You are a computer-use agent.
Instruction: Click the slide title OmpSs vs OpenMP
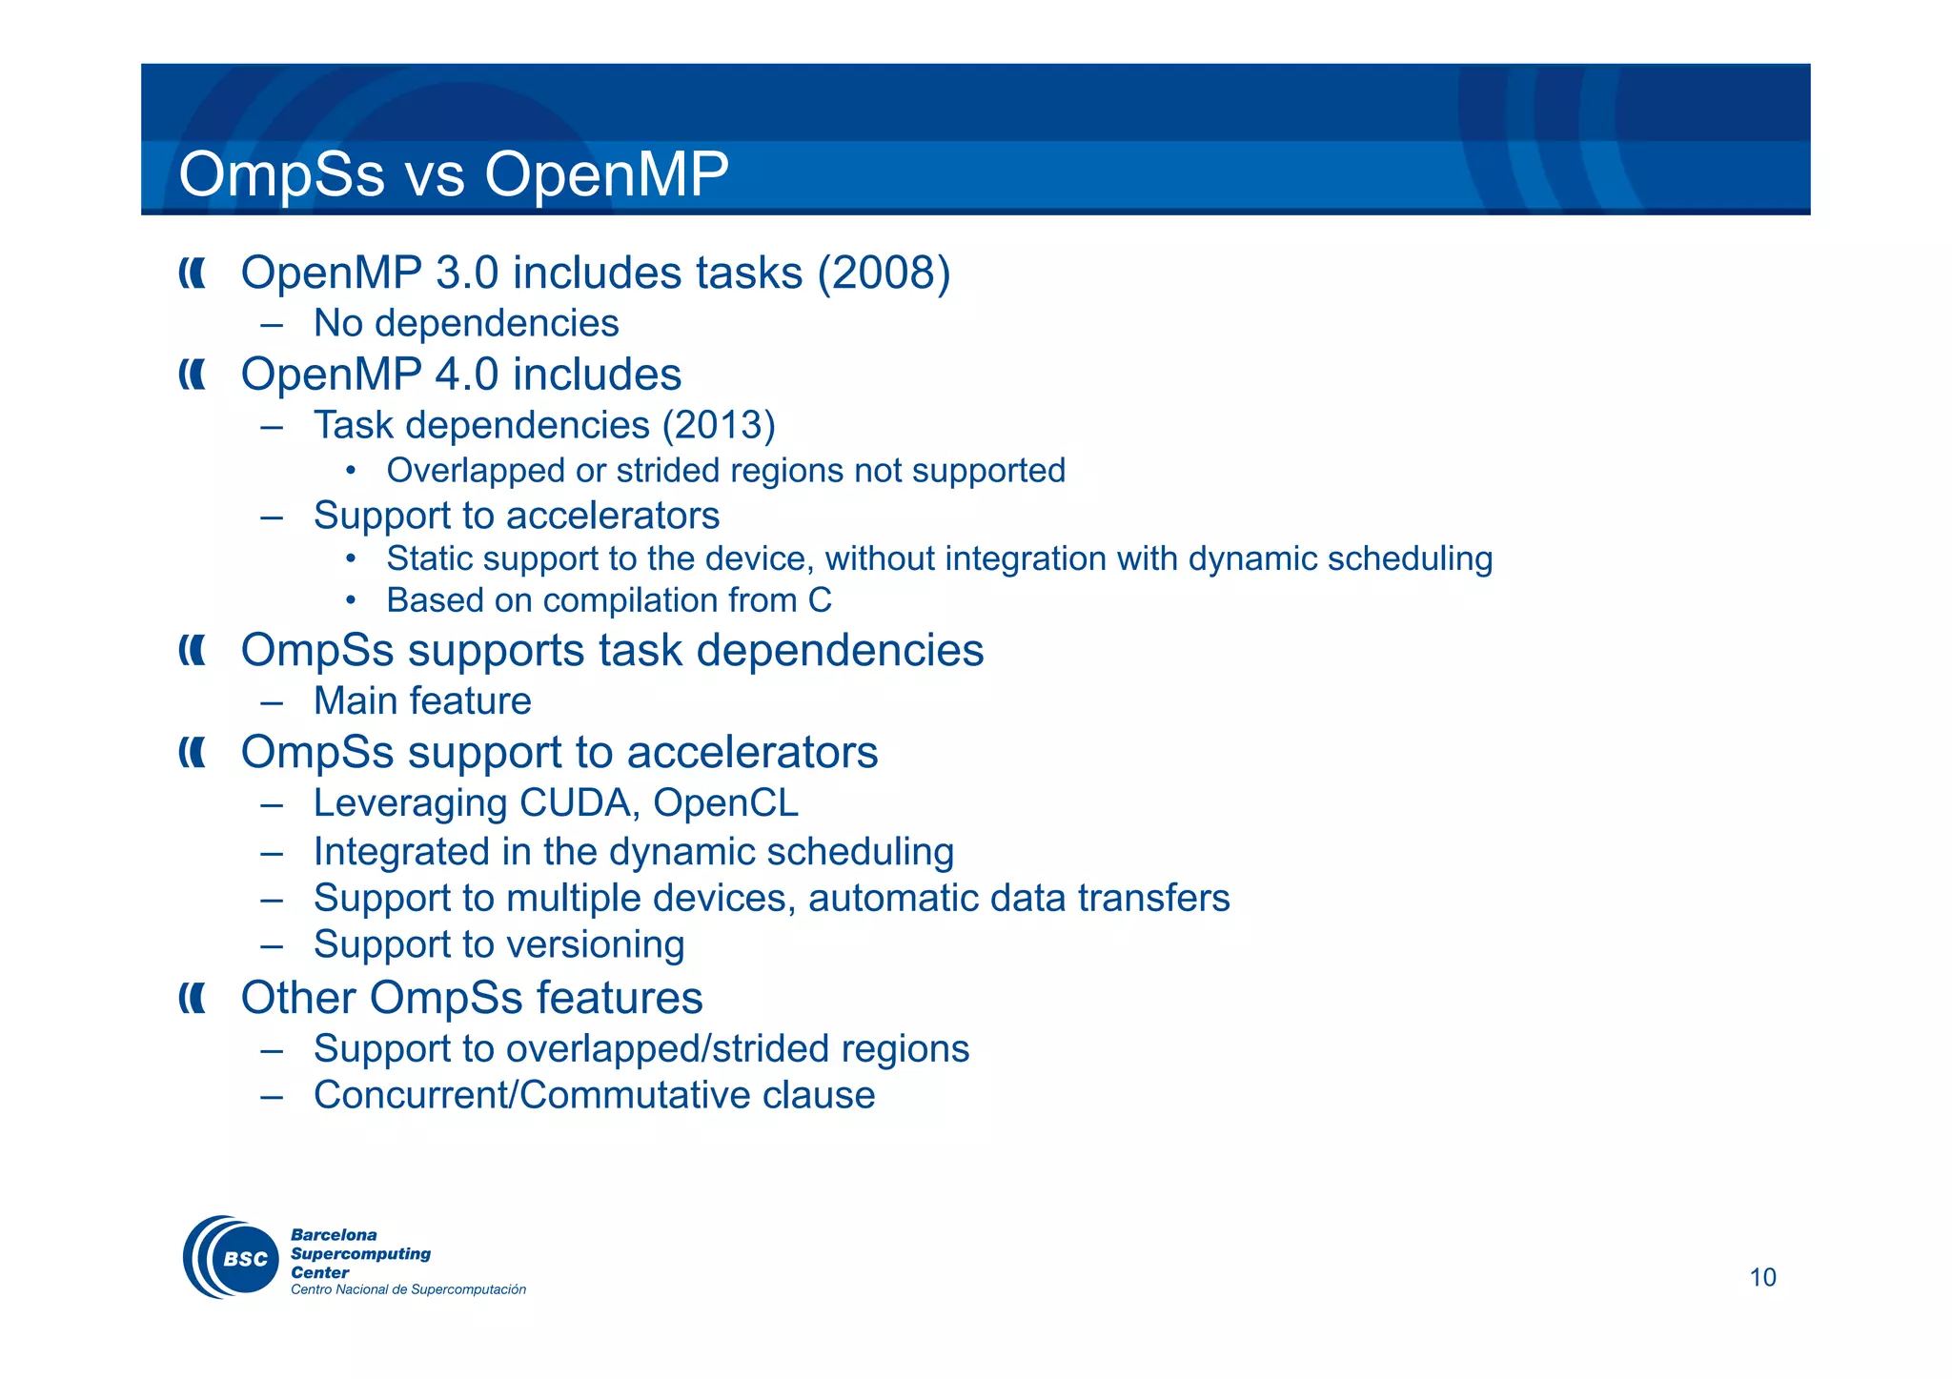pyautogui.click(x=454, y=174)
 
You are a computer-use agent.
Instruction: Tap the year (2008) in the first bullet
pyautogui.click(x=884, y=274)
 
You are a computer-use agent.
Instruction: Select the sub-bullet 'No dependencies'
pyautogui.click(x=466, y=324)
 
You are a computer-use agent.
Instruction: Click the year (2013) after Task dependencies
pyautogui.click(x=719, y=425)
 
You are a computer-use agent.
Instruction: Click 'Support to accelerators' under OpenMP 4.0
pyautogui.click(x=517, y=516)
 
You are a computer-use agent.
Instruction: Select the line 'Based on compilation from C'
pyautogui.click(x=608, y=600)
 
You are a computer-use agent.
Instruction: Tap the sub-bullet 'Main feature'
pyautogui.click(x=422, y=701)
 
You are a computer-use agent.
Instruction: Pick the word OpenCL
pyautogui.click(x=725, y=803)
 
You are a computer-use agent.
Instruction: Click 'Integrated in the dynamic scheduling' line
pyautogui.click(x=634, y=852)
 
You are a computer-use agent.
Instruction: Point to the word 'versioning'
pyautogui.click(x=595, y=945)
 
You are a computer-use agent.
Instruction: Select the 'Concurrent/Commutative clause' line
pyautogui.click(x=594, y=1095)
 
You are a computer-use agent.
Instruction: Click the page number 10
pyautogui.click(x=1762, y=1277)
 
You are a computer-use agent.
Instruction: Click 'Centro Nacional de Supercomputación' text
pyautogui.click(x=408, y=1289)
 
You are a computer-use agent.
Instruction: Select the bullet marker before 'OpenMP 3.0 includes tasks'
pyautogui.click(x=192, y=274)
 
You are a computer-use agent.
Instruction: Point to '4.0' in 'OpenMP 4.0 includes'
pyautogui.click(x=466, y=375)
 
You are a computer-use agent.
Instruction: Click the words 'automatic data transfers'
pyautogui.click(x=1019, y=899)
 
